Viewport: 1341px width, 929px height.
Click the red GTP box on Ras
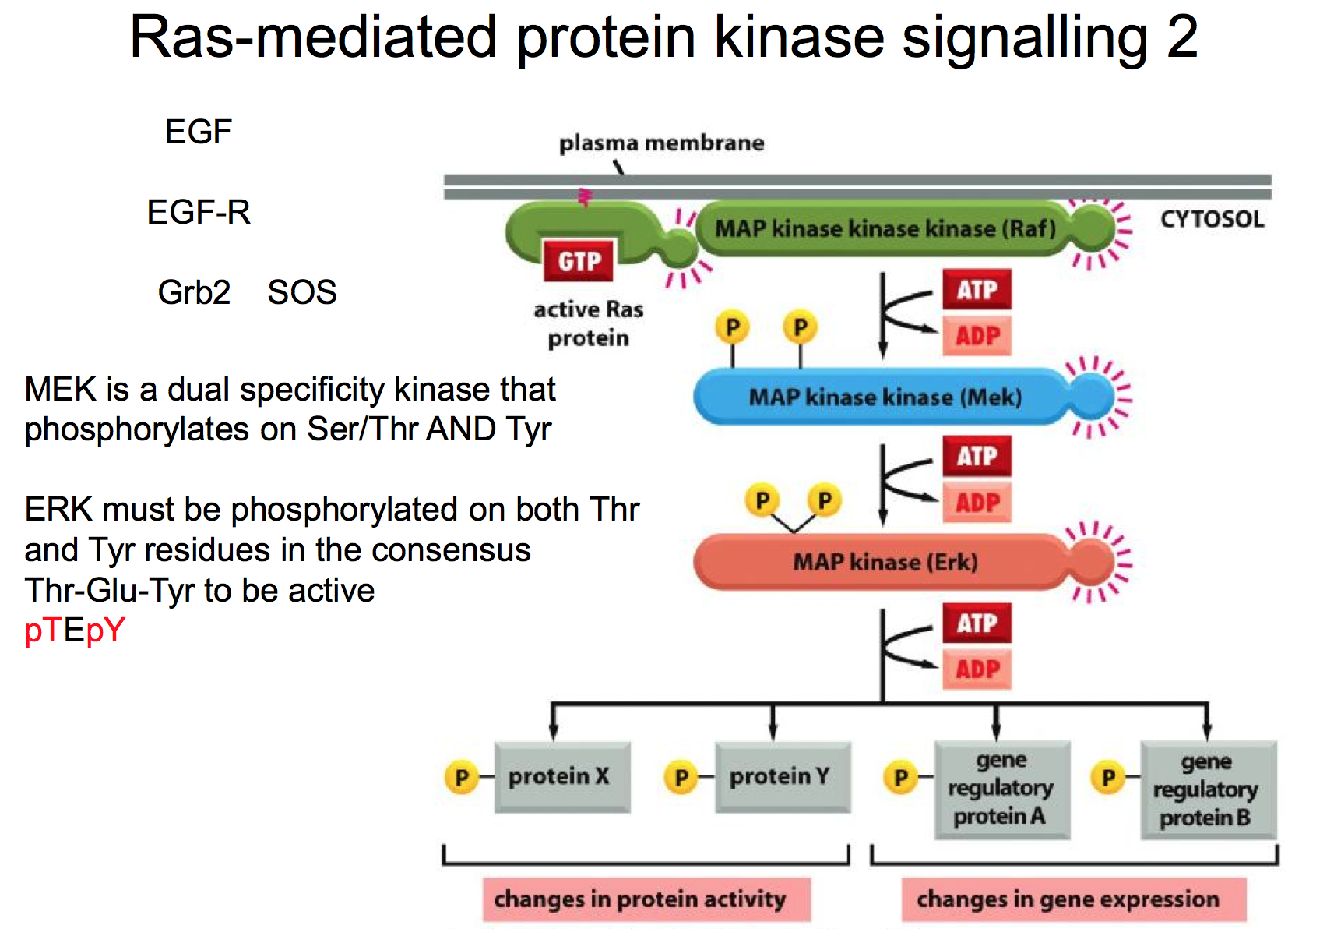pos(579,261)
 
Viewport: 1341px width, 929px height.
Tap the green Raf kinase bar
pos(885,228)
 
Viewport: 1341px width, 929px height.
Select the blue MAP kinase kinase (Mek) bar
pos(885,397)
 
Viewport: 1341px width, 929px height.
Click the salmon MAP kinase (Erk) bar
pos(885,562)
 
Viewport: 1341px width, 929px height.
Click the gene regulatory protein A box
pos(1001,789)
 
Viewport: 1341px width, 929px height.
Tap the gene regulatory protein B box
pos(1207,789)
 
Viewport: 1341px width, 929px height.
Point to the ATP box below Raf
pos(977,290)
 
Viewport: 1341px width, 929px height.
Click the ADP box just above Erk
pos(977,503)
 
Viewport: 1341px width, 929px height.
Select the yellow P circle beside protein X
pos(461,777)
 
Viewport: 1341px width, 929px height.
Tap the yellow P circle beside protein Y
pos(681,777)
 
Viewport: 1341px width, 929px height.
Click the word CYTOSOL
pos(1212,219)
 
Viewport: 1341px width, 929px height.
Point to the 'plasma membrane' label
pos(661,143)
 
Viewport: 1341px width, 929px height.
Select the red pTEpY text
pos(75,630)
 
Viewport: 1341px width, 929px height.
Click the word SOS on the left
pos(301,292)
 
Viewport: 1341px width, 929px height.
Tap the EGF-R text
pos(199,212)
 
